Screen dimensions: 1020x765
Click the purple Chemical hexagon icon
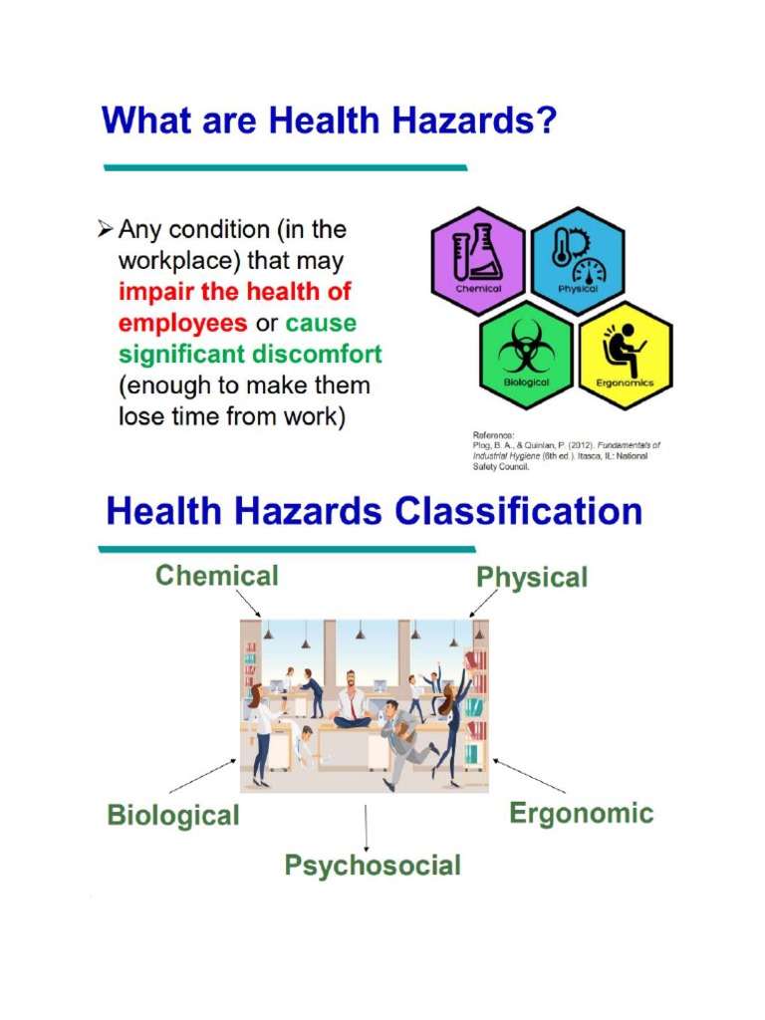[478, 261]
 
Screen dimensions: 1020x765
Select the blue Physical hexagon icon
[578, 261]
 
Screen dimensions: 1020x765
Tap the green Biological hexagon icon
[527, 354]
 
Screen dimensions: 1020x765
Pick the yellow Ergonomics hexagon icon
[625, 354]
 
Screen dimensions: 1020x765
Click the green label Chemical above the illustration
[217, 576]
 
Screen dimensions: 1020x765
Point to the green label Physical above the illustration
[532, 578]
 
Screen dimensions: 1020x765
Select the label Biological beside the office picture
[173, 816]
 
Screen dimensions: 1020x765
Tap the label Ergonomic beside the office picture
[582, 814]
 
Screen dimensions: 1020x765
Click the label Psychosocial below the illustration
[373, 865]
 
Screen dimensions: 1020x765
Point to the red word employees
[182, 324]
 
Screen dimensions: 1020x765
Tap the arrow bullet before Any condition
[105, 230]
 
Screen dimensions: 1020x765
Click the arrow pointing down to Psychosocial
[367, 827]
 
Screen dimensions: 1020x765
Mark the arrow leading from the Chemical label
[248, 603]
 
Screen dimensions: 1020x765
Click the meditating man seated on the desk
[352, 702]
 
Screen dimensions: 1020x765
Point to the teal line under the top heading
[285, 167]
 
